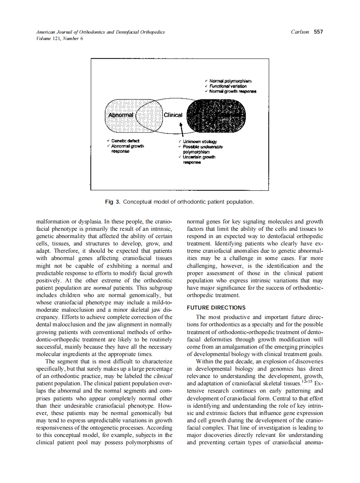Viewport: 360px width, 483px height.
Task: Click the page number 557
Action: (318, 32)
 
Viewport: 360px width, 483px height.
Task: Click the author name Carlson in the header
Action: (300, 32)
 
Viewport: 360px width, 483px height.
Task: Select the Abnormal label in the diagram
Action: (121, 115)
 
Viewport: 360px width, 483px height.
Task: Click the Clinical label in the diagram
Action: (173, 115)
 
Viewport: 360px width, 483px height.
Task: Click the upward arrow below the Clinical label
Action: (181, 128)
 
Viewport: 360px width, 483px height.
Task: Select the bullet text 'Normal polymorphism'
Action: (230, 80)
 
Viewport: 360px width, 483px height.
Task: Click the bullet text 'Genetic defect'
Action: (125, 141)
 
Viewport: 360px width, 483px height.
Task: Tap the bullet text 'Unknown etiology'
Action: (200, 142)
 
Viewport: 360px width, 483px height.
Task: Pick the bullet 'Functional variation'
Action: (228, 86)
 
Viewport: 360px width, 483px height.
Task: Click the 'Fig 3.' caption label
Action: (113, 201)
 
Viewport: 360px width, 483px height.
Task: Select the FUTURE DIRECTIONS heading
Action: (216, 307)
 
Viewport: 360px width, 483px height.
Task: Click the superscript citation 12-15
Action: (307, 381)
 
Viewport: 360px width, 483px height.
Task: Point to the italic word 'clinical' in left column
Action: (163, 376)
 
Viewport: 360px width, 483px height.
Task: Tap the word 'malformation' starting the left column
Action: (53, 222)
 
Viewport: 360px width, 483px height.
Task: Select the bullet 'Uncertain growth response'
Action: (200, 160)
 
